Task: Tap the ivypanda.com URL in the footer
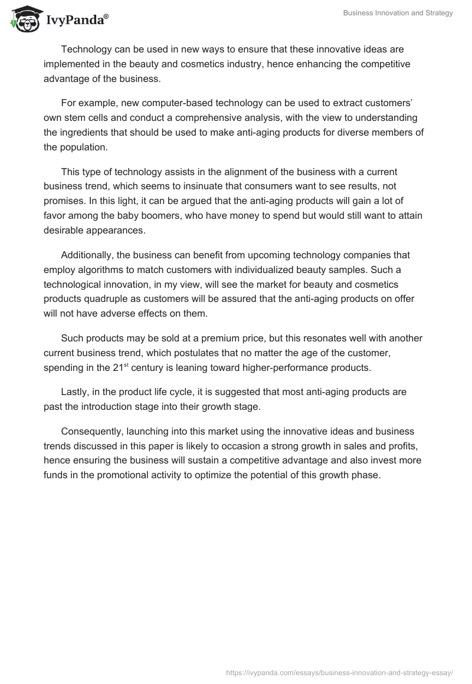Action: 339,672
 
